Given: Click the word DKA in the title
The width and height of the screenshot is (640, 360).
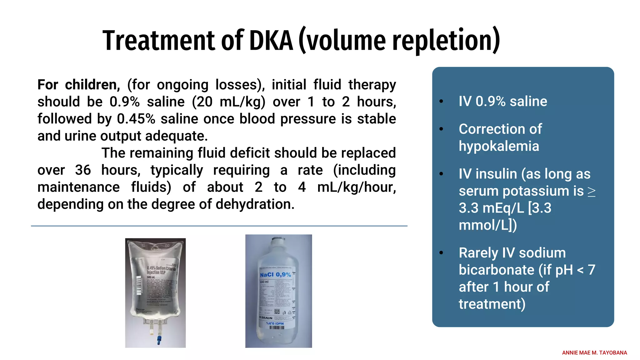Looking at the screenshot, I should [271, 41].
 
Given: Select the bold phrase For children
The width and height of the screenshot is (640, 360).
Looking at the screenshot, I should [78, 85].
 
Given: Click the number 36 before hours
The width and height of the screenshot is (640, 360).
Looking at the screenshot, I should [83, 170].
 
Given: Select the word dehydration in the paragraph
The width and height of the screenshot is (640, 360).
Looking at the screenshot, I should [254, 204].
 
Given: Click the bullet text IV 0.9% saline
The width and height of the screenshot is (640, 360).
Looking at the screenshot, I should [502, 101].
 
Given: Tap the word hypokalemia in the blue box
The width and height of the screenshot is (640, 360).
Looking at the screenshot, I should [499, 146].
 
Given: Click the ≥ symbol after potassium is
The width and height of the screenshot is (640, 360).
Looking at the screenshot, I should [591, 192].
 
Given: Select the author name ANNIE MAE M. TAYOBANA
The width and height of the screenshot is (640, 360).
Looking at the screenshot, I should [594, 353].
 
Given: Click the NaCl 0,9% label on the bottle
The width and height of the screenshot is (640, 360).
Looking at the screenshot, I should [275, 275].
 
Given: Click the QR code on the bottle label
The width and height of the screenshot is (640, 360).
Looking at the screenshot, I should [277, 311].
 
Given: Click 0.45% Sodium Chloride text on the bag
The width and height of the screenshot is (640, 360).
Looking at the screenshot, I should [161, 268].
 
